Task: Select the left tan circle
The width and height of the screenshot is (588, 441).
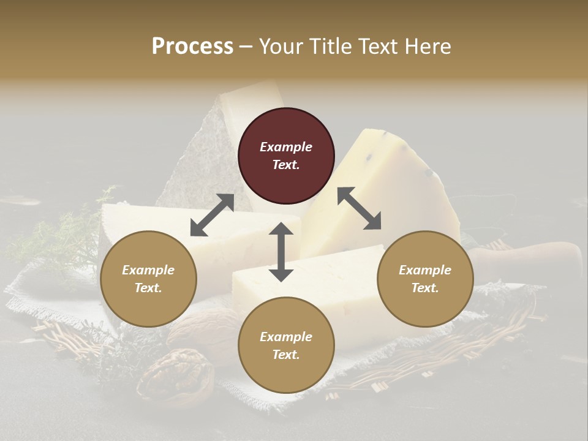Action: pyautogui.click(x=148, y=279)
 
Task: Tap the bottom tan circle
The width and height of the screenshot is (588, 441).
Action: pyautogui.click(x=286, y=345)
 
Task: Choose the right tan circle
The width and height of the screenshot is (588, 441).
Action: pyautogui.click(x=424, y=279)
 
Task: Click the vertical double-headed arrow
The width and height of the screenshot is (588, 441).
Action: pyautogui.click(x=281, y=252)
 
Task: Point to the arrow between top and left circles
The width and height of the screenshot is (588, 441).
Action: pyautogui.click(x=212, y=215)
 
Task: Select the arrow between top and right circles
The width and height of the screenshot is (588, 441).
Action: pyautogui.click(x=360, y=208)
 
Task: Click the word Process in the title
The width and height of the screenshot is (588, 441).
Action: pyautogui.click(x=192, y=46)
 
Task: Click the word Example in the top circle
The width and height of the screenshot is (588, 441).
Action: pyautogui.click(x=286, y=147)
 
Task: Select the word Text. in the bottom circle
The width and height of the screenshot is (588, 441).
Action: pyautogui.click(x=286, y=355)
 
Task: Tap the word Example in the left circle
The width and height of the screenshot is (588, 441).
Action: pyautogui.click(x=148, y=270)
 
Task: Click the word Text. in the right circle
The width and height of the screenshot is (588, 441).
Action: pyautogui.click(x=424, y=288)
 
